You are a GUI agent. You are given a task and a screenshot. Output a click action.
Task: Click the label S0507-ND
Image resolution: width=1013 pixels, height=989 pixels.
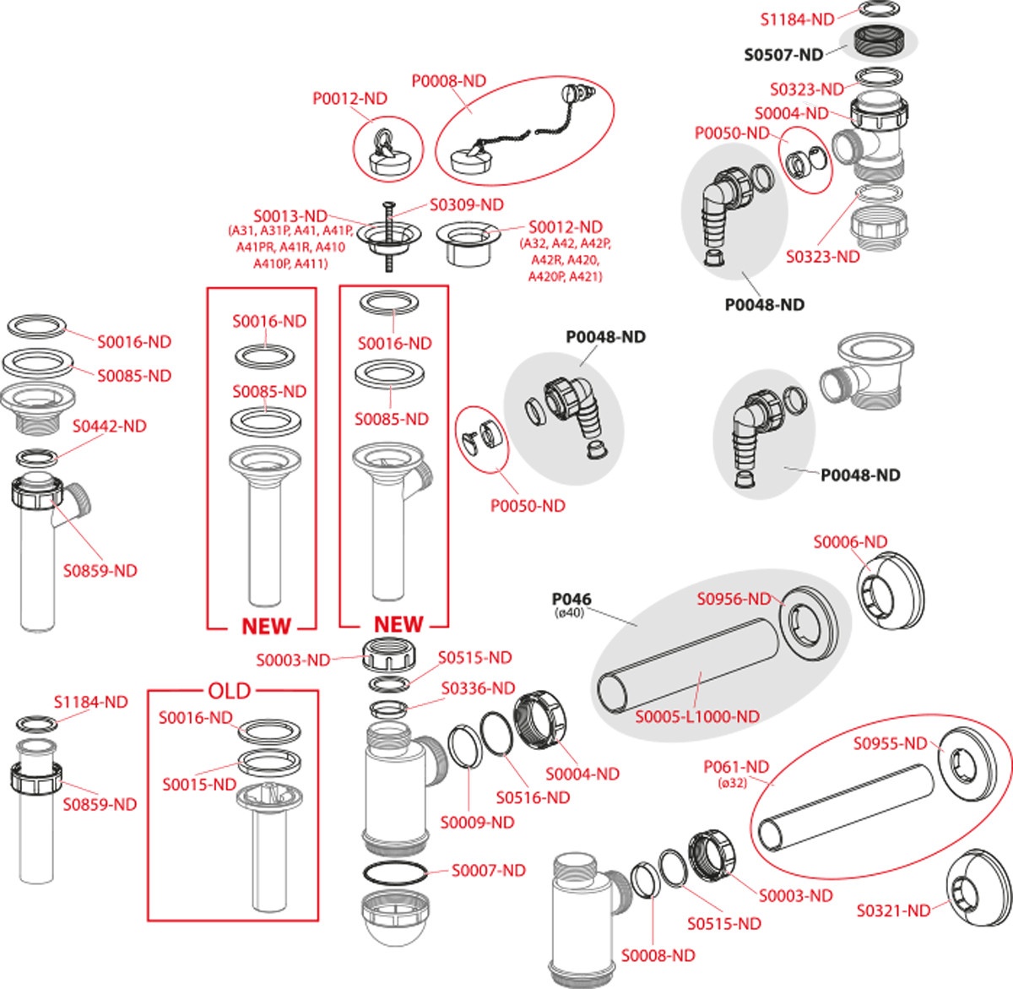point(783,55)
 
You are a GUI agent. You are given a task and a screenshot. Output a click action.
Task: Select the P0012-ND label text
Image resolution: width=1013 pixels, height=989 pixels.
point(349,99)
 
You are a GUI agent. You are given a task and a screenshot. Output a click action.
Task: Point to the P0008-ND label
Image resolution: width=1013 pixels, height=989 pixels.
point(448,81)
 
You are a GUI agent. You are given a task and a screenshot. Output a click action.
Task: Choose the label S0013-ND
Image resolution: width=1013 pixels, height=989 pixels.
point(290,216)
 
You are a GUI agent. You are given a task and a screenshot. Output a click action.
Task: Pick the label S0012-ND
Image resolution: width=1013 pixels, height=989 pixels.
point(566,227)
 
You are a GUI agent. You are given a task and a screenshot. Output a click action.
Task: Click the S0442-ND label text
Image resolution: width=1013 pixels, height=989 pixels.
point(109,427)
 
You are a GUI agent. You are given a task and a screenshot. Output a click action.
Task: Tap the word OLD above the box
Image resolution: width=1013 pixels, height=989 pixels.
point(229,691)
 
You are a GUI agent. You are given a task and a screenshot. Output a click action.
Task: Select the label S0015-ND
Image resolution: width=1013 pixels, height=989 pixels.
point(198,785)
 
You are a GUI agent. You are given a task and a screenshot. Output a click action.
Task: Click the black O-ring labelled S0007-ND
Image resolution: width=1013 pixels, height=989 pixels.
point(395,874)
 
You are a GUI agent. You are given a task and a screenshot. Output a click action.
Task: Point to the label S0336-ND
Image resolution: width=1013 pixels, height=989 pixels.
point(478,689)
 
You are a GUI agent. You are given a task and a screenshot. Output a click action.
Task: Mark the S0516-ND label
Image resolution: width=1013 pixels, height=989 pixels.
point(533,797)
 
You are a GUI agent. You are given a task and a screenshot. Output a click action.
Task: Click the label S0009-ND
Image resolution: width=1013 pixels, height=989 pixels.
point(477,822)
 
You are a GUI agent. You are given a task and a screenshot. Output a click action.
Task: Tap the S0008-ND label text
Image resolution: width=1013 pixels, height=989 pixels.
point(658,955)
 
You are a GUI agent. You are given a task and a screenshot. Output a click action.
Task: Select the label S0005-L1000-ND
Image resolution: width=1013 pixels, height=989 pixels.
point(696,717)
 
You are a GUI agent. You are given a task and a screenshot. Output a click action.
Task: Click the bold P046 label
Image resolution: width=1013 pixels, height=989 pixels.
point(572,599)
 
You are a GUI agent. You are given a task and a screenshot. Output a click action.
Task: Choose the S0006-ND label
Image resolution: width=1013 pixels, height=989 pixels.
point(850,542)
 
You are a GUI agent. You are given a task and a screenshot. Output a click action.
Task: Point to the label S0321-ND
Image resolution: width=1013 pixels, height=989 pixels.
point(893,910)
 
